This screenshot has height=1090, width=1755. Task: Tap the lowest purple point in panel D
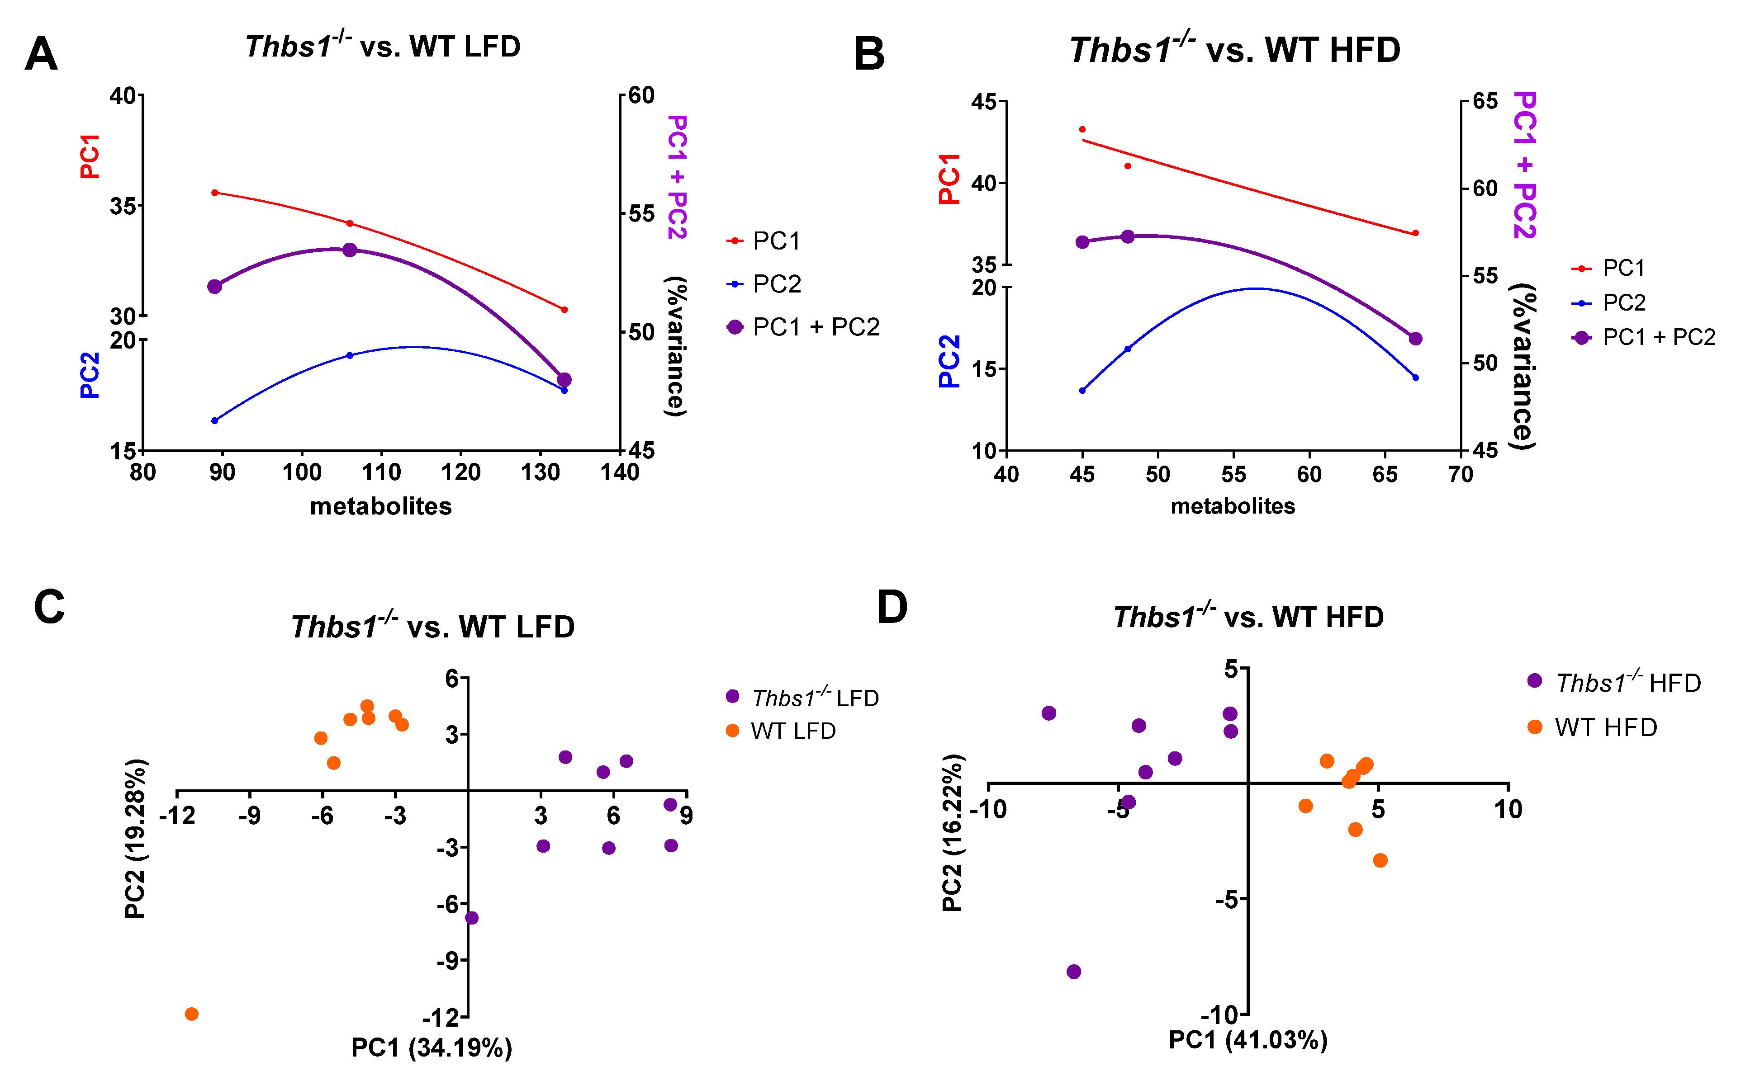pyautogui.click(x=1074, y=972)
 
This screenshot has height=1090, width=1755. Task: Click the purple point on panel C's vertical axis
pyautogui.click(x=472, y=918)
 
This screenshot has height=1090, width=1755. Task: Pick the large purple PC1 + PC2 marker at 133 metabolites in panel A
pyautogui.click(x=564, y=380)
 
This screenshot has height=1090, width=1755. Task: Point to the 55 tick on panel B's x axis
pyautogui.click(x=1233, y=474)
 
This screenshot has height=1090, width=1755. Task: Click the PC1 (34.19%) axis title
pyautogui.click(x=431, y=1048)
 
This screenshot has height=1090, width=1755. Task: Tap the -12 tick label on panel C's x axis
pyautogui.click(x=177, y=816)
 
